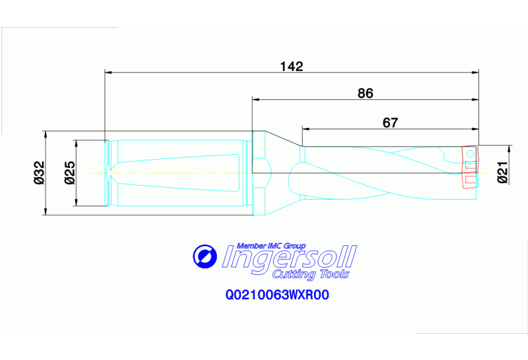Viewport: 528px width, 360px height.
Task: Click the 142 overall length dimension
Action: pos(292,66)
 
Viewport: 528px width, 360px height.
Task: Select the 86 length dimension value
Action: pos(366,94)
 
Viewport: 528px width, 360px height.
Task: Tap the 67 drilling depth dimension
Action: pos(390,123)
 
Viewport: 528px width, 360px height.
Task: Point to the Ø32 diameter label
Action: pos(39,172)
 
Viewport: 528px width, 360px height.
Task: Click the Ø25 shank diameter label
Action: pos(70,172)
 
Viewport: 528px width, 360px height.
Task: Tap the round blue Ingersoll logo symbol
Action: pos(204,257)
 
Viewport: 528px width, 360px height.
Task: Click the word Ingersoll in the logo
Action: pos(290,258)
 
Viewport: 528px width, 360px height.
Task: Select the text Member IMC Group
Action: pos(271,246)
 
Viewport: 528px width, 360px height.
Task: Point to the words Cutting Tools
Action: pos(311,275)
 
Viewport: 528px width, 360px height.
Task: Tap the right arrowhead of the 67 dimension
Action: pos(474,129)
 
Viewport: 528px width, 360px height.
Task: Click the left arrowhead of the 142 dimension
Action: pos(108,71)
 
